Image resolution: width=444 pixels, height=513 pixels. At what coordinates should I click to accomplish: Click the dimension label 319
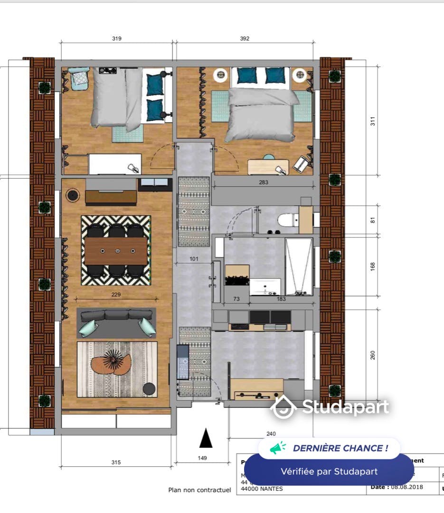pos(116,39)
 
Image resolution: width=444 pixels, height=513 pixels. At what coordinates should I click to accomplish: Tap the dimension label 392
pos(244,39)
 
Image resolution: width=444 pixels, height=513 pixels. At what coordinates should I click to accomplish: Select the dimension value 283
pos(264,182)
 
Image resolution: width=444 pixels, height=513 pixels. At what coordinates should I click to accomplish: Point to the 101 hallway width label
pos(193,259)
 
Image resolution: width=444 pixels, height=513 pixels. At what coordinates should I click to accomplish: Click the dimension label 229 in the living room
pos(116,294)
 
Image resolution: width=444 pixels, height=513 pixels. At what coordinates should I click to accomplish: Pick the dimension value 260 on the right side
pos(373,355)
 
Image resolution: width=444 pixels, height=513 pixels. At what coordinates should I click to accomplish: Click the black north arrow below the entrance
pos(206,438)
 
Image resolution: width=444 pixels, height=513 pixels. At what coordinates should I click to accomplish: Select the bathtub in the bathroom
pos(299,266)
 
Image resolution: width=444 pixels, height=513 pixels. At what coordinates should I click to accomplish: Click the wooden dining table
pos(116,250)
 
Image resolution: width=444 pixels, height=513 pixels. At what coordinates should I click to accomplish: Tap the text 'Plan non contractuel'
pos(199,490)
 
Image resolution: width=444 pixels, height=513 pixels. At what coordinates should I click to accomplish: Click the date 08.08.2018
pos(407,487)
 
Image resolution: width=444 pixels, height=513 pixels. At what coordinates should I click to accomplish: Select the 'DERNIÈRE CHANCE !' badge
pos(329,448)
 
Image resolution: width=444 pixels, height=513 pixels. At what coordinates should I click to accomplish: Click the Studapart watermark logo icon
pos(283,407)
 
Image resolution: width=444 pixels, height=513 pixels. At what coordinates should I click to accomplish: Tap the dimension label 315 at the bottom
pos(116,462)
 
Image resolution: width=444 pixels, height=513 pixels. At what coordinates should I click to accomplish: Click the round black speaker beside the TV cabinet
pos(73,195)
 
